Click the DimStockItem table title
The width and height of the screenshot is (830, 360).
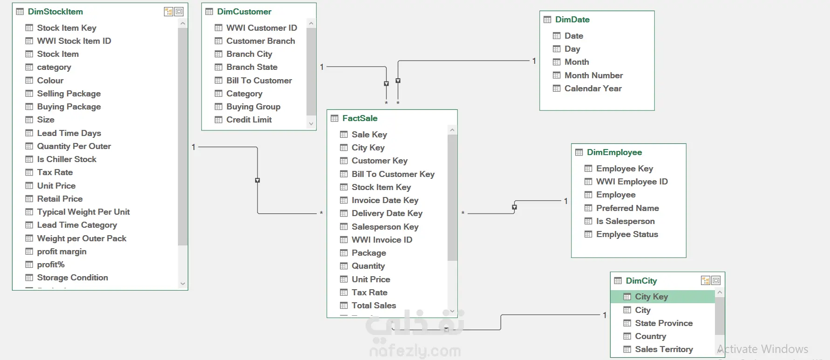pos(55,12)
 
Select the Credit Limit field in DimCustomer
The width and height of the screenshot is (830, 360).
pos(249,120)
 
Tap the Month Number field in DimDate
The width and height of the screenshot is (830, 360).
pos(593,75)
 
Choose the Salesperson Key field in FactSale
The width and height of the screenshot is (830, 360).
pos(385,227)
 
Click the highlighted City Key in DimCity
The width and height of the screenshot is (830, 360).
pos(651,297)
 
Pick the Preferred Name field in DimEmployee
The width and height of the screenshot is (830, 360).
pos(627,208)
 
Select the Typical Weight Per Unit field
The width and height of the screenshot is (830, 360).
pos(83,212)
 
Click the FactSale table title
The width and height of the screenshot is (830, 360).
pos(360,118)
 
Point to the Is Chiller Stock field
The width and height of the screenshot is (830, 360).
pos(67,159)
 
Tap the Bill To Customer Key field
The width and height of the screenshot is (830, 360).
pos(393,174)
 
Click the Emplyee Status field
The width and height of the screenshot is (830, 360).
pos(627,234)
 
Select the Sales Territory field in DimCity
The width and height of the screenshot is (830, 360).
pos(664,349)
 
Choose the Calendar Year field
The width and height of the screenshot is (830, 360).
pos(593,88)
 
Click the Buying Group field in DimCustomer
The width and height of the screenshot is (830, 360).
pos(253,107)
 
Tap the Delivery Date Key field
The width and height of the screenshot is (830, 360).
pos(387,213)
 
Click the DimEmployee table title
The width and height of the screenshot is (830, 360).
pos(614,152)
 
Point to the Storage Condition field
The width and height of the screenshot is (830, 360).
pos(72,278)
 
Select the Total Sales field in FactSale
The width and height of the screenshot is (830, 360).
pos(374,306)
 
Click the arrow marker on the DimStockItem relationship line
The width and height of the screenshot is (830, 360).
pos(258,180)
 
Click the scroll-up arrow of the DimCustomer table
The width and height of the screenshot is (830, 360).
pos(311,23)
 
